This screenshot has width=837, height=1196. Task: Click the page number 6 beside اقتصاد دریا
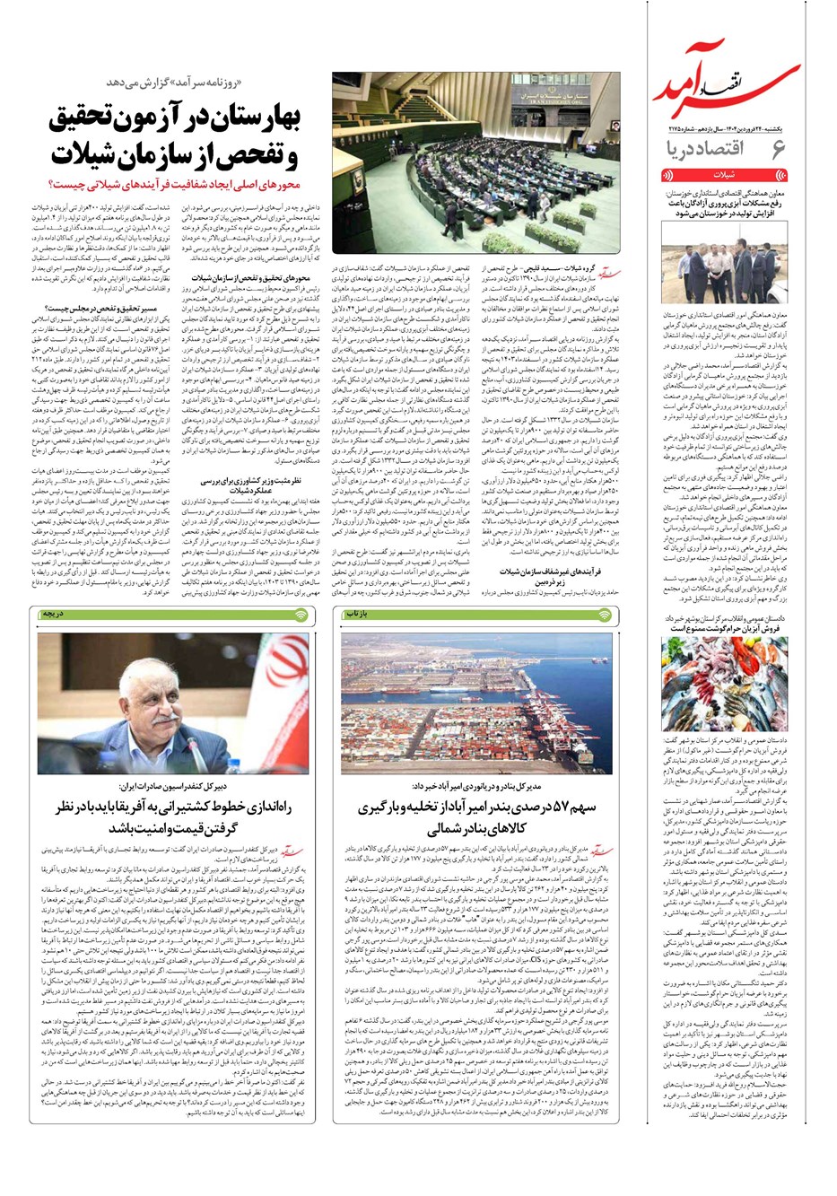pos(777,148)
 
